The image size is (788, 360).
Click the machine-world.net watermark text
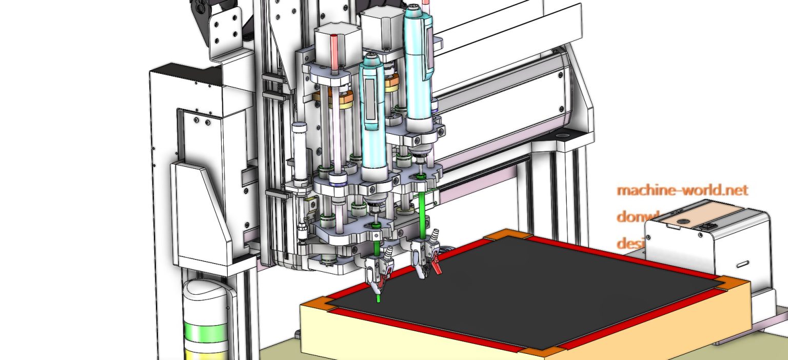click(x=682, y=190)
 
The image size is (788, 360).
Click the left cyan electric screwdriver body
click(x=372, y=118)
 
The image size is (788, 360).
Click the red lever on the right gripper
click(x=437, y=266)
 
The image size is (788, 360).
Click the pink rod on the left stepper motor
click(x=336, y=51)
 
